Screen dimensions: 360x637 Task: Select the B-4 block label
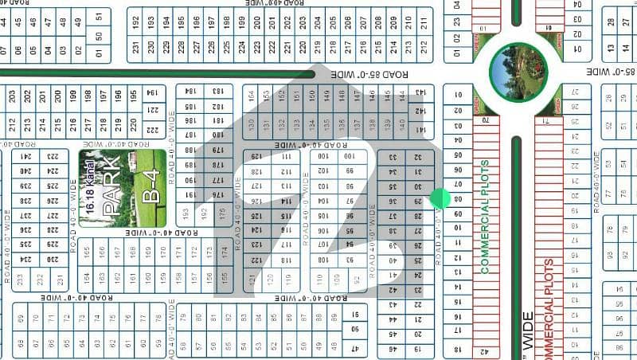point(150,189)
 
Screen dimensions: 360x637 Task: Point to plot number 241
point(25,156)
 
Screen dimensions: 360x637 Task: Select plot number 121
point(253,278)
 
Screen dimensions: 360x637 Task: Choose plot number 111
point(285,157)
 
